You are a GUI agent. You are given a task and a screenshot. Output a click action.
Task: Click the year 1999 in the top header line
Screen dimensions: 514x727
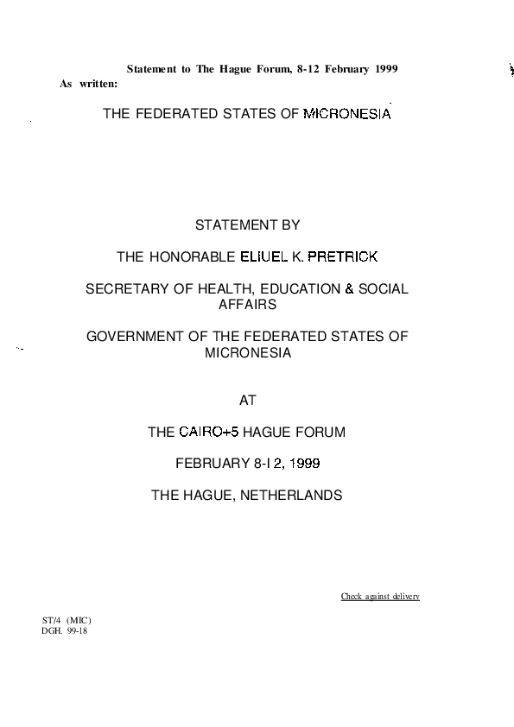(386, 69)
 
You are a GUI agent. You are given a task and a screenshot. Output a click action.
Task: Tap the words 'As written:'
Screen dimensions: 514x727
(88, 84)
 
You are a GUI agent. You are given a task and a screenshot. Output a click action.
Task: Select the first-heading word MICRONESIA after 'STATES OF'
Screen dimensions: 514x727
(347, 114)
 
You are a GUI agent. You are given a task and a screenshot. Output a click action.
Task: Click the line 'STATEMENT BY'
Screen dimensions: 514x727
(247, 224)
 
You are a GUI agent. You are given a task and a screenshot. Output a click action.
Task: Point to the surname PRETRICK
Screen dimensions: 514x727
(343, 256)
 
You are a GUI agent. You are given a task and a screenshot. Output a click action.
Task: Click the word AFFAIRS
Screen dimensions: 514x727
(247, 305)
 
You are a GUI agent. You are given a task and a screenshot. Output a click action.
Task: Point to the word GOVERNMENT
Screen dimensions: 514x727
(135, 336)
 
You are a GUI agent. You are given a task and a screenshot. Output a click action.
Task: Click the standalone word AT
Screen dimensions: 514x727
(247, 400)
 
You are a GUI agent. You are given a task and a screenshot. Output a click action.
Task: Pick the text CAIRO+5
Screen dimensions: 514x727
(209, 432)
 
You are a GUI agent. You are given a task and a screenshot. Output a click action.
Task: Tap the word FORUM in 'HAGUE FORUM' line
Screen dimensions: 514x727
(320, 432)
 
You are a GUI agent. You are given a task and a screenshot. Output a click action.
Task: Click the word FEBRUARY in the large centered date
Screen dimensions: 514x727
(213, 463)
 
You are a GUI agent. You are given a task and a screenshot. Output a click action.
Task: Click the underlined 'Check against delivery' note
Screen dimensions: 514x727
(380, 597)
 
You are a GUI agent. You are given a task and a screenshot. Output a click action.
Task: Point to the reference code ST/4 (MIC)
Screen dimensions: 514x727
(67, 620)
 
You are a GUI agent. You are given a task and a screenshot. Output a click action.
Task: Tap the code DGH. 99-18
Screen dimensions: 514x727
(65, 630)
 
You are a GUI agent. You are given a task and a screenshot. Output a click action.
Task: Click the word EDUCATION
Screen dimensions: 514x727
(300, 289)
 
